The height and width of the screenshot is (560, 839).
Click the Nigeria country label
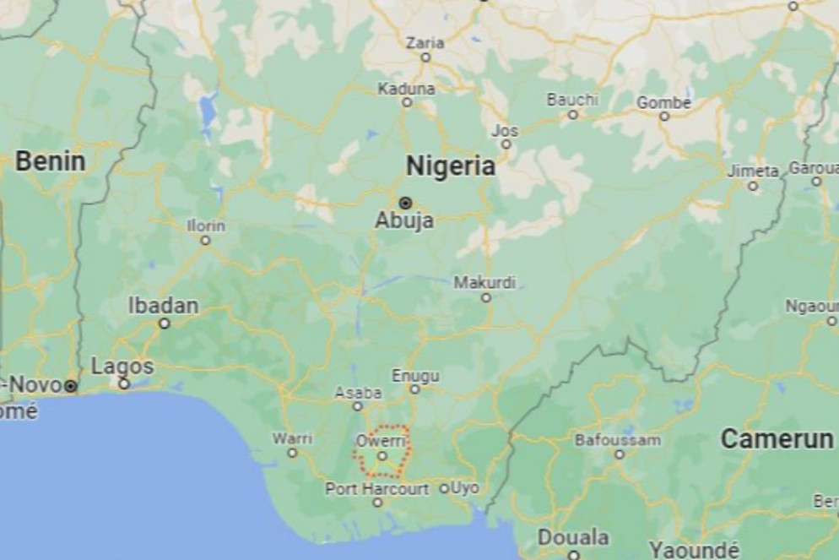[450, 166]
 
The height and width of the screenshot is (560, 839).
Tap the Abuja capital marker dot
[405, 203]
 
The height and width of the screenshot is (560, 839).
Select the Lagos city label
[122, 367]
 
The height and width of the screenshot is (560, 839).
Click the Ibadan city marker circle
[165, 323]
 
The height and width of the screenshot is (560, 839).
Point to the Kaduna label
[406, 88]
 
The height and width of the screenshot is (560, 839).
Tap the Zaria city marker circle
[425, 57]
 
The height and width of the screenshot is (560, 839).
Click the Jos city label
[505, 130]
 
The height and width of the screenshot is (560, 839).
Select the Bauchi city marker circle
[572, 114]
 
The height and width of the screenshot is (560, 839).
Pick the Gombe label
[663, 102]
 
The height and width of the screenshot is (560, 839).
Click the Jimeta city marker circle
[752, 186]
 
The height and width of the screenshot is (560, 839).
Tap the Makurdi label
[484, 282]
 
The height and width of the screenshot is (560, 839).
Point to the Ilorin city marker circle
[205, 241]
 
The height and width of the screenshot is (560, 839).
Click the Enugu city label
[415, 375]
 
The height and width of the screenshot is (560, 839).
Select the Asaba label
[358, 393]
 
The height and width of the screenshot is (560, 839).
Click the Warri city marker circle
[292, 453]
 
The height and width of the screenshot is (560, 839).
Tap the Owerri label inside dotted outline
[382, 441]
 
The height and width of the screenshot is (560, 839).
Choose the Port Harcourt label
[376, 488]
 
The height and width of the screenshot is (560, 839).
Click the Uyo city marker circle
[444, 488]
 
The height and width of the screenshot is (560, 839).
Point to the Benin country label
[51, 161]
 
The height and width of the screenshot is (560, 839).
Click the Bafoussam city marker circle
[619, 454]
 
